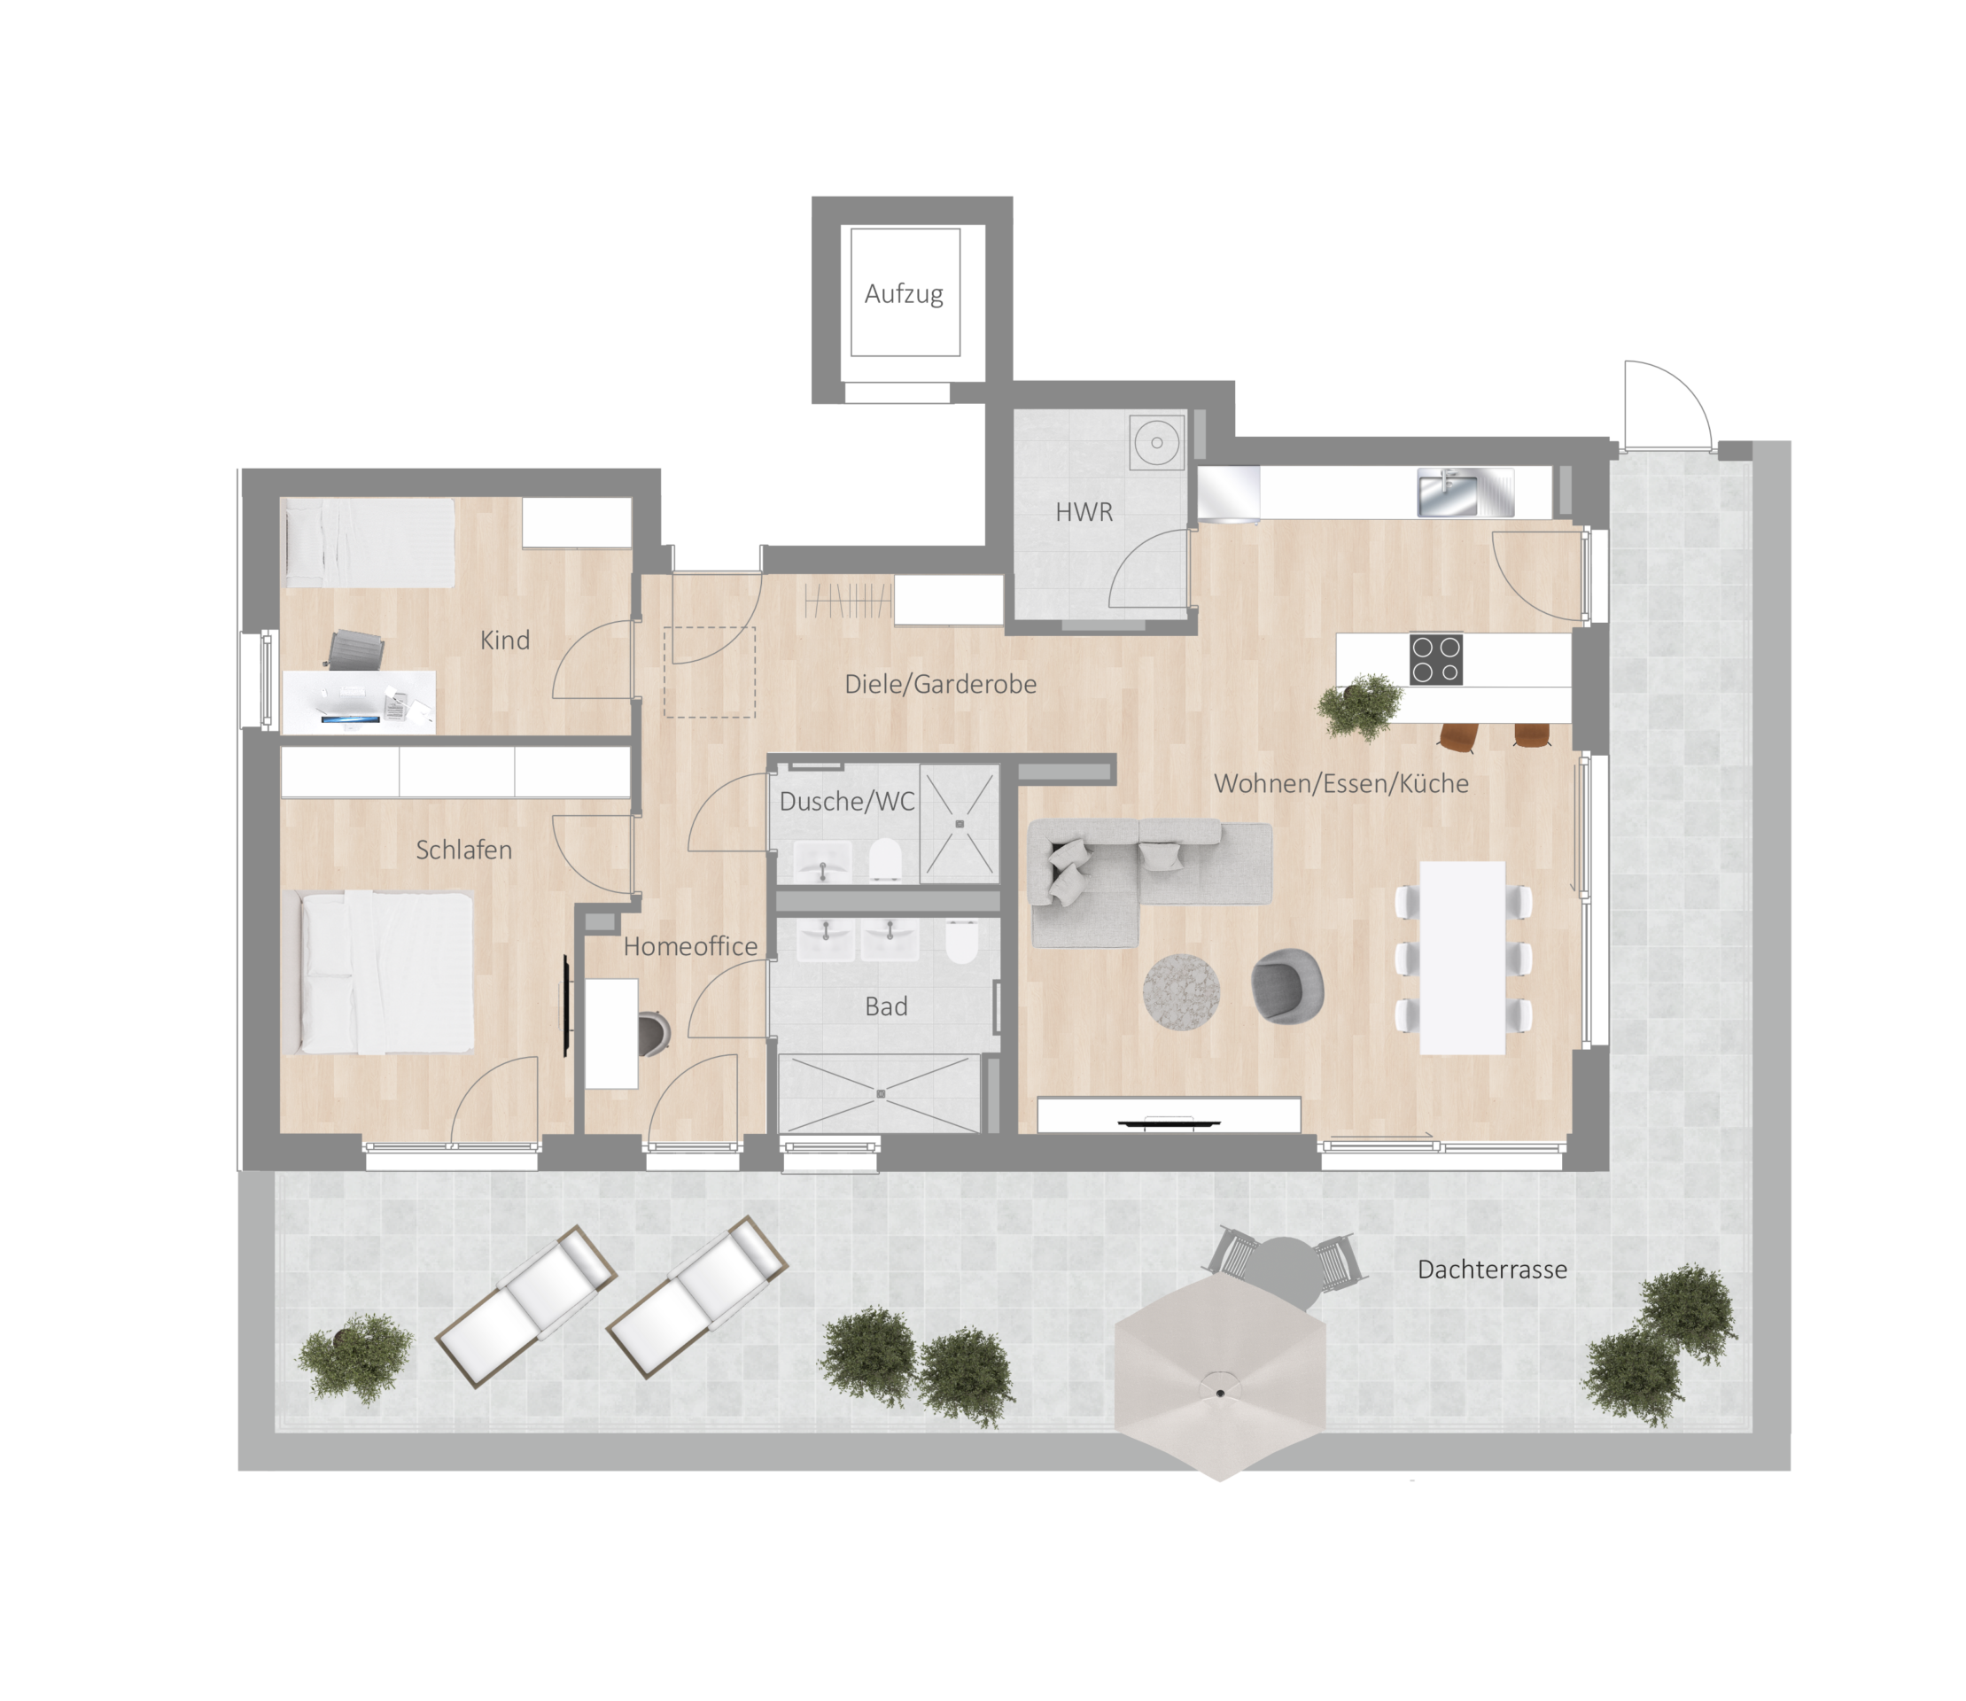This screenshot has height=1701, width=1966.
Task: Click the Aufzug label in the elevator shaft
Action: (x=904, y=294)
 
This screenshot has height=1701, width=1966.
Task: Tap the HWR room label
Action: (x=1084, y=513)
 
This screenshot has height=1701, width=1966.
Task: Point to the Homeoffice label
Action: (x=690, y=946)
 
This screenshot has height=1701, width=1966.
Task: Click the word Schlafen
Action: (x=464, y=850)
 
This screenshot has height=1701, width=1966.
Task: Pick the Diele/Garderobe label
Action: (x=941, y=684)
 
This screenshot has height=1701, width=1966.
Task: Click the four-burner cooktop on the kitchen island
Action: (x=1435, y=659)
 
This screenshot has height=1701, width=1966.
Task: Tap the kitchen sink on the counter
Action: (x=1465, y=493)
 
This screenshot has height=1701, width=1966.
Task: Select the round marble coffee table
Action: (x=1181, y=991)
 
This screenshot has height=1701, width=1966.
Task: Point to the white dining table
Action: (x=1462, y=958)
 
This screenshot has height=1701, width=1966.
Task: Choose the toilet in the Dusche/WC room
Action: (x=885, y=859)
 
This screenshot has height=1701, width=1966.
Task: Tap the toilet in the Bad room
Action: (x=961, y=942)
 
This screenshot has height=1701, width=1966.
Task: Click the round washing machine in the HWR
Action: (x=1156, y=441)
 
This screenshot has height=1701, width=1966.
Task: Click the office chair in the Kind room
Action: (x=356, y=651)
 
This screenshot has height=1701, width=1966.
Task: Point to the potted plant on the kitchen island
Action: (x=1360, y=705)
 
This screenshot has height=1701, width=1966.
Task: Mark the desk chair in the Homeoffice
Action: (x=654, y=1034)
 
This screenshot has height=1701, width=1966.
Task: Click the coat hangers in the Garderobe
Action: (x=848, y=601)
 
